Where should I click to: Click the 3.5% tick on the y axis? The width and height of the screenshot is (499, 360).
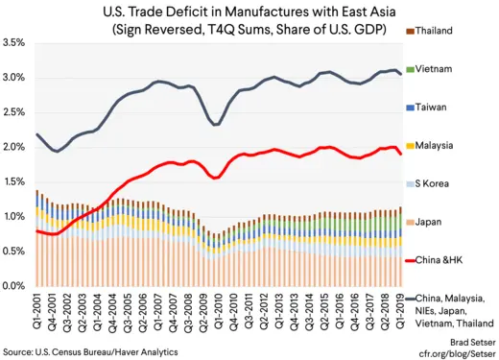pyautogui.click(x=14, y=43)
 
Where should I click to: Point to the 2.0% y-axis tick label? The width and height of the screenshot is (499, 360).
pyautogui.click(x=14, y=147)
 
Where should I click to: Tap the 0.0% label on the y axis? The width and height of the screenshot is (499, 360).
pyautogui.click(x=14, y=286)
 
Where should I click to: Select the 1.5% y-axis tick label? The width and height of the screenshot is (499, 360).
pyautogui.click(x=14, y=181)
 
